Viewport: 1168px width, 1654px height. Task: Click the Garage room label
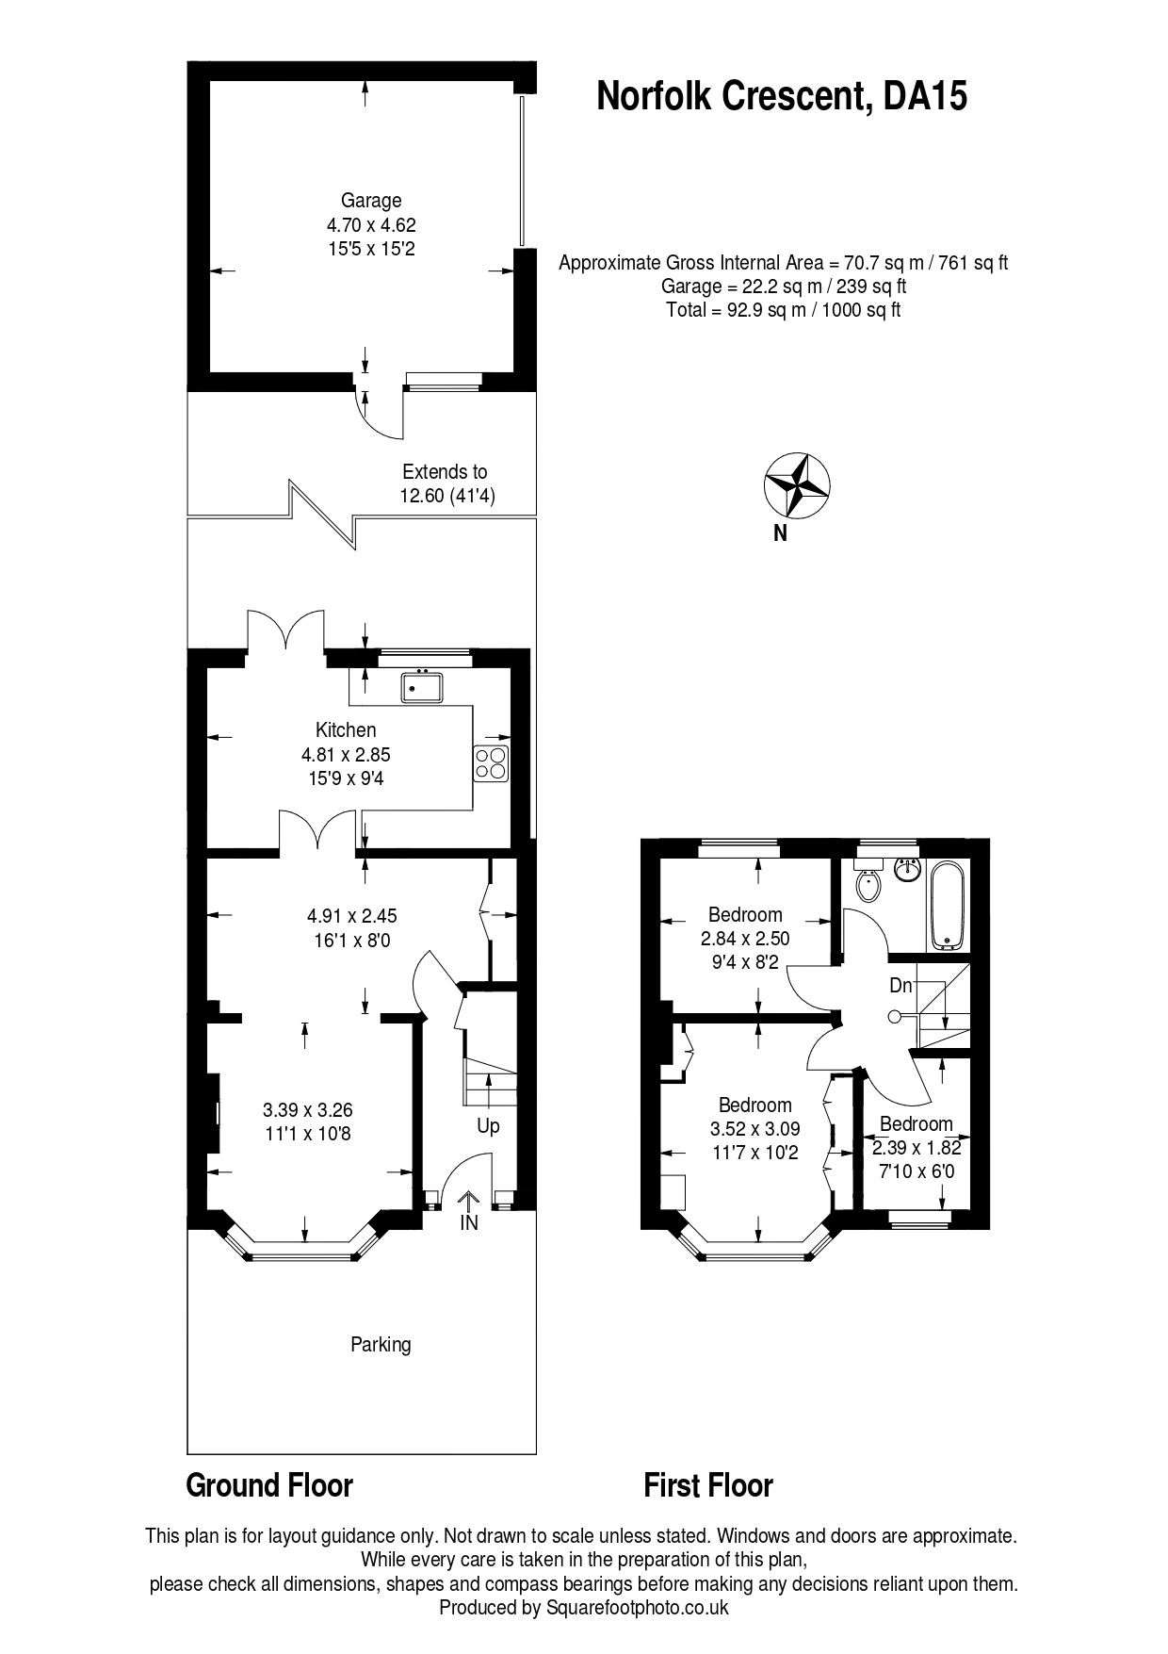(x=371, y=201)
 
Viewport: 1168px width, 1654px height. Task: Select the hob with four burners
(x=492, y=762)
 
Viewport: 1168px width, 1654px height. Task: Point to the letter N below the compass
(x=780, y=533)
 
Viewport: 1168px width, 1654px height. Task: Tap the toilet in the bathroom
(x=868, y=884)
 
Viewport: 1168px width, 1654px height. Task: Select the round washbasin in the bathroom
(x=907, y=868)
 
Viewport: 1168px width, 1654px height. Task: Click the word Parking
(x=381, y=1344)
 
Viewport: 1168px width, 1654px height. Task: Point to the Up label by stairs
(x=488, y=1126)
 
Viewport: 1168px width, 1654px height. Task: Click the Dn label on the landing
(x=900, y=986)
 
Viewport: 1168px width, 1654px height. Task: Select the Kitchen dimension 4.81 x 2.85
(x=346, y=754)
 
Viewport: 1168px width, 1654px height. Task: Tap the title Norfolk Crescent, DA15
(x=782, y=96)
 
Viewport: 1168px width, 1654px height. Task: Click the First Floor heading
(x=708, y=1485)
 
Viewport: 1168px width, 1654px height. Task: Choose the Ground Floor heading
(x=269, y=1485)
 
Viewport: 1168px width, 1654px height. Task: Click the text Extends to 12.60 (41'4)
(x=446, y=484)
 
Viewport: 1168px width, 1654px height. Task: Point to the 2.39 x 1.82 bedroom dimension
(x=917, y=1148)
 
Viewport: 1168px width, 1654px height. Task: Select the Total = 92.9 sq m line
(x=783, y=310)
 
